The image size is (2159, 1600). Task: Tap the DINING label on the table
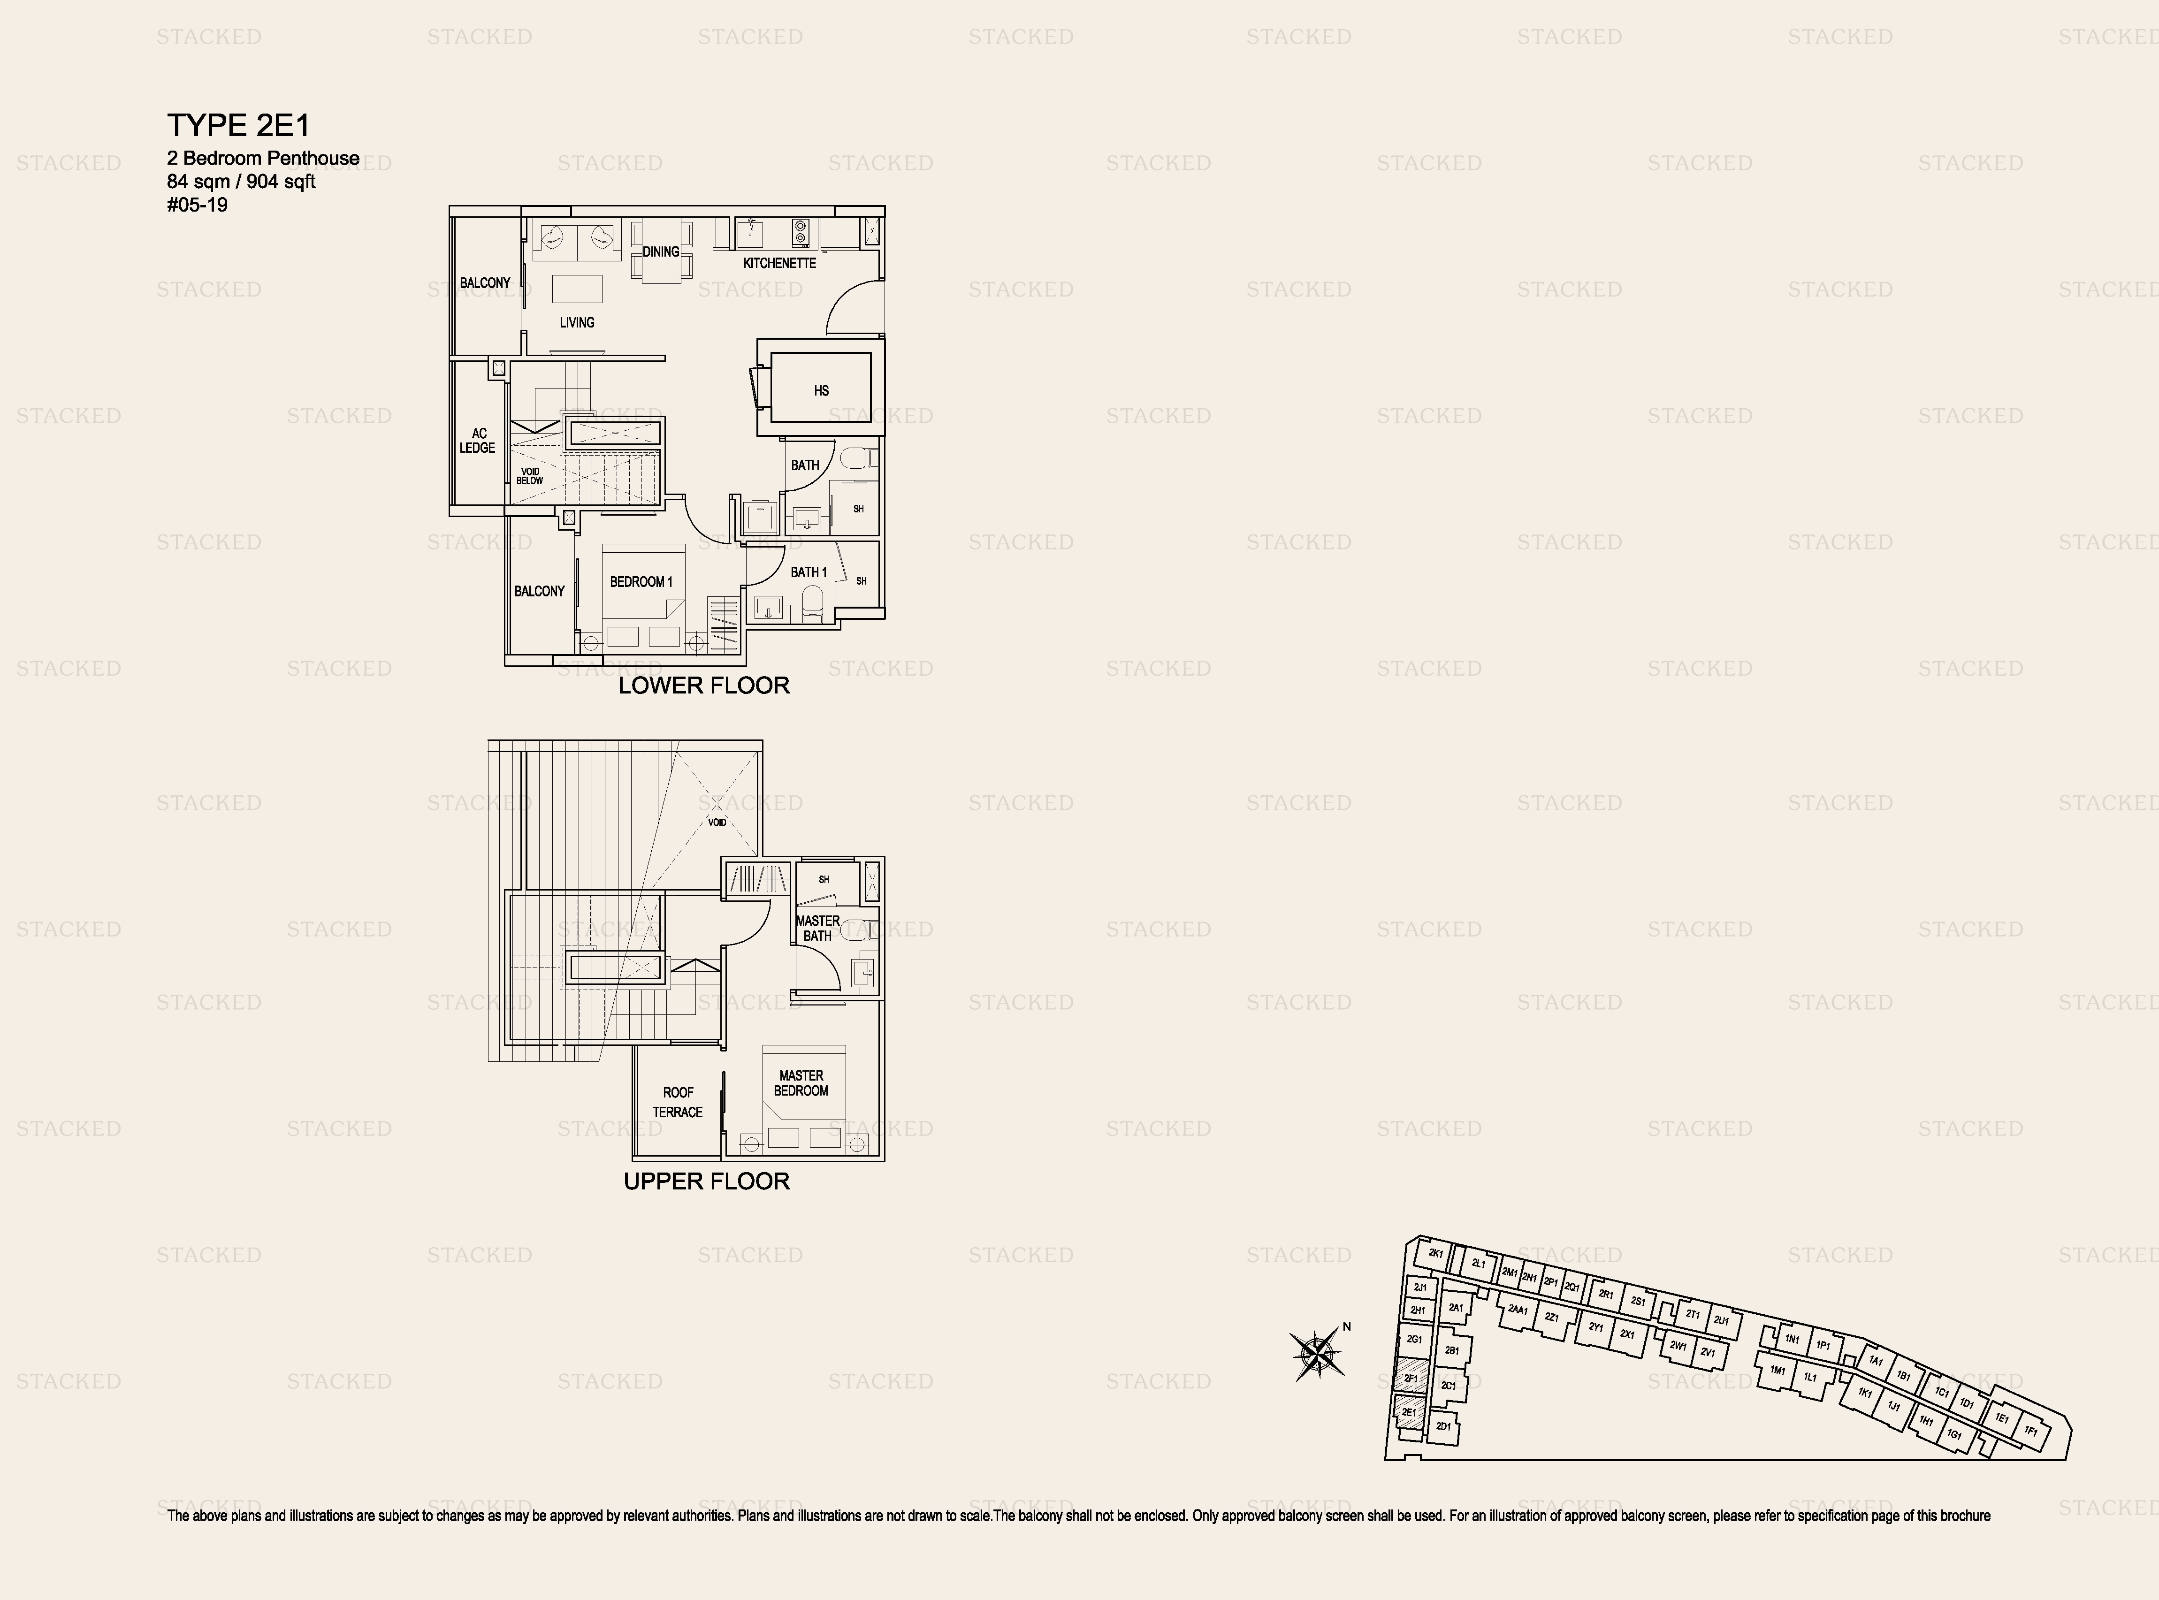pos(661,252)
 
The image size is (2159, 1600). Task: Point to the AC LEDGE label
pos(478,441)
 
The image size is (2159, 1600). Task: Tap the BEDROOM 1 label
pos(641,582)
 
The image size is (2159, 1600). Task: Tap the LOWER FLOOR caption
pos(704,686)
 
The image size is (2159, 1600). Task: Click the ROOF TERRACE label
pos(678,1102)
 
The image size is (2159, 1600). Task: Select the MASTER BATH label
pos(817,928)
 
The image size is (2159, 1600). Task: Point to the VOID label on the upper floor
pos(717,822)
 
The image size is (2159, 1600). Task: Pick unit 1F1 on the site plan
pos(2031,1431)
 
